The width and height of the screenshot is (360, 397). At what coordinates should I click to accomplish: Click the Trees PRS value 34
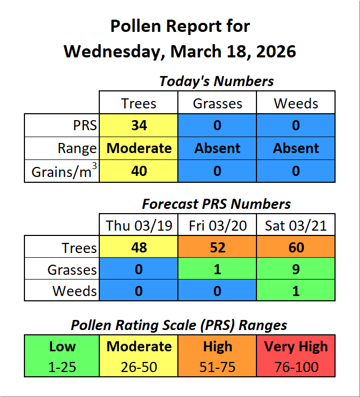pos(139,125)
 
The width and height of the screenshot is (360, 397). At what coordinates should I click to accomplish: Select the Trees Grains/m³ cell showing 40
pos(139,171)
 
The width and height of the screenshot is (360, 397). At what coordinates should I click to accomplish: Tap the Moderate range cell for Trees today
pos(139,148)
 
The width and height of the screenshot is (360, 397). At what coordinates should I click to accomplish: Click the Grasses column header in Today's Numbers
pos(218,103)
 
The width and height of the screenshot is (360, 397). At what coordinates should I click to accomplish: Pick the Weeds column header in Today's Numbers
pos(296,103)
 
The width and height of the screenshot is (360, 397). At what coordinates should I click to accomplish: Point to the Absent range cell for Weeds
pos(296,148)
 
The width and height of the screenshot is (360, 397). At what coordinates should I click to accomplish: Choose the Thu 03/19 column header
pos(139,225)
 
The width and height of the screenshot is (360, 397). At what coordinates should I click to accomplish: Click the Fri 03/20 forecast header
pos(218,225)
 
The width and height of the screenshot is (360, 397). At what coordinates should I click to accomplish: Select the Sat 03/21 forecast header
pos(296,225)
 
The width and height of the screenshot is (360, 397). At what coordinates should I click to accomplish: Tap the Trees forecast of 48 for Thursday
pos(139,247)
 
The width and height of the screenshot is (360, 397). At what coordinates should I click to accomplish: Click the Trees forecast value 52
pos(218,247)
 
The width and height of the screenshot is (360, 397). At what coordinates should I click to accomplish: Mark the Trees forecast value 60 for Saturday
pos(296,247)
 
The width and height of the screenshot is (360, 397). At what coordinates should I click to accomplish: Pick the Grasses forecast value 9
pos(296,269)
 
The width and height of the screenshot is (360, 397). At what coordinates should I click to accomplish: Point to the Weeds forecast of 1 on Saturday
pos(296,291)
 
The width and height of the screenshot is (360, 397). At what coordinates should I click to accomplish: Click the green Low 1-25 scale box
pos(62,356)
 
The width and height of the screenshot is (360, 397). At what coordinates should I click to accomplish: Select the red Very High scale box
pos(296,356)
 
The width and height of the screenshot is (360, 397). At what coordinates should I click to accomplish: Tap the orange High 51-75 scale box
pos(218,356)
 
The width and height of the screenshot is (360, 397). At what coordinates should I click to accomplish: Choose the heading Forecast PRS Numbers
pos(217,204)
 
